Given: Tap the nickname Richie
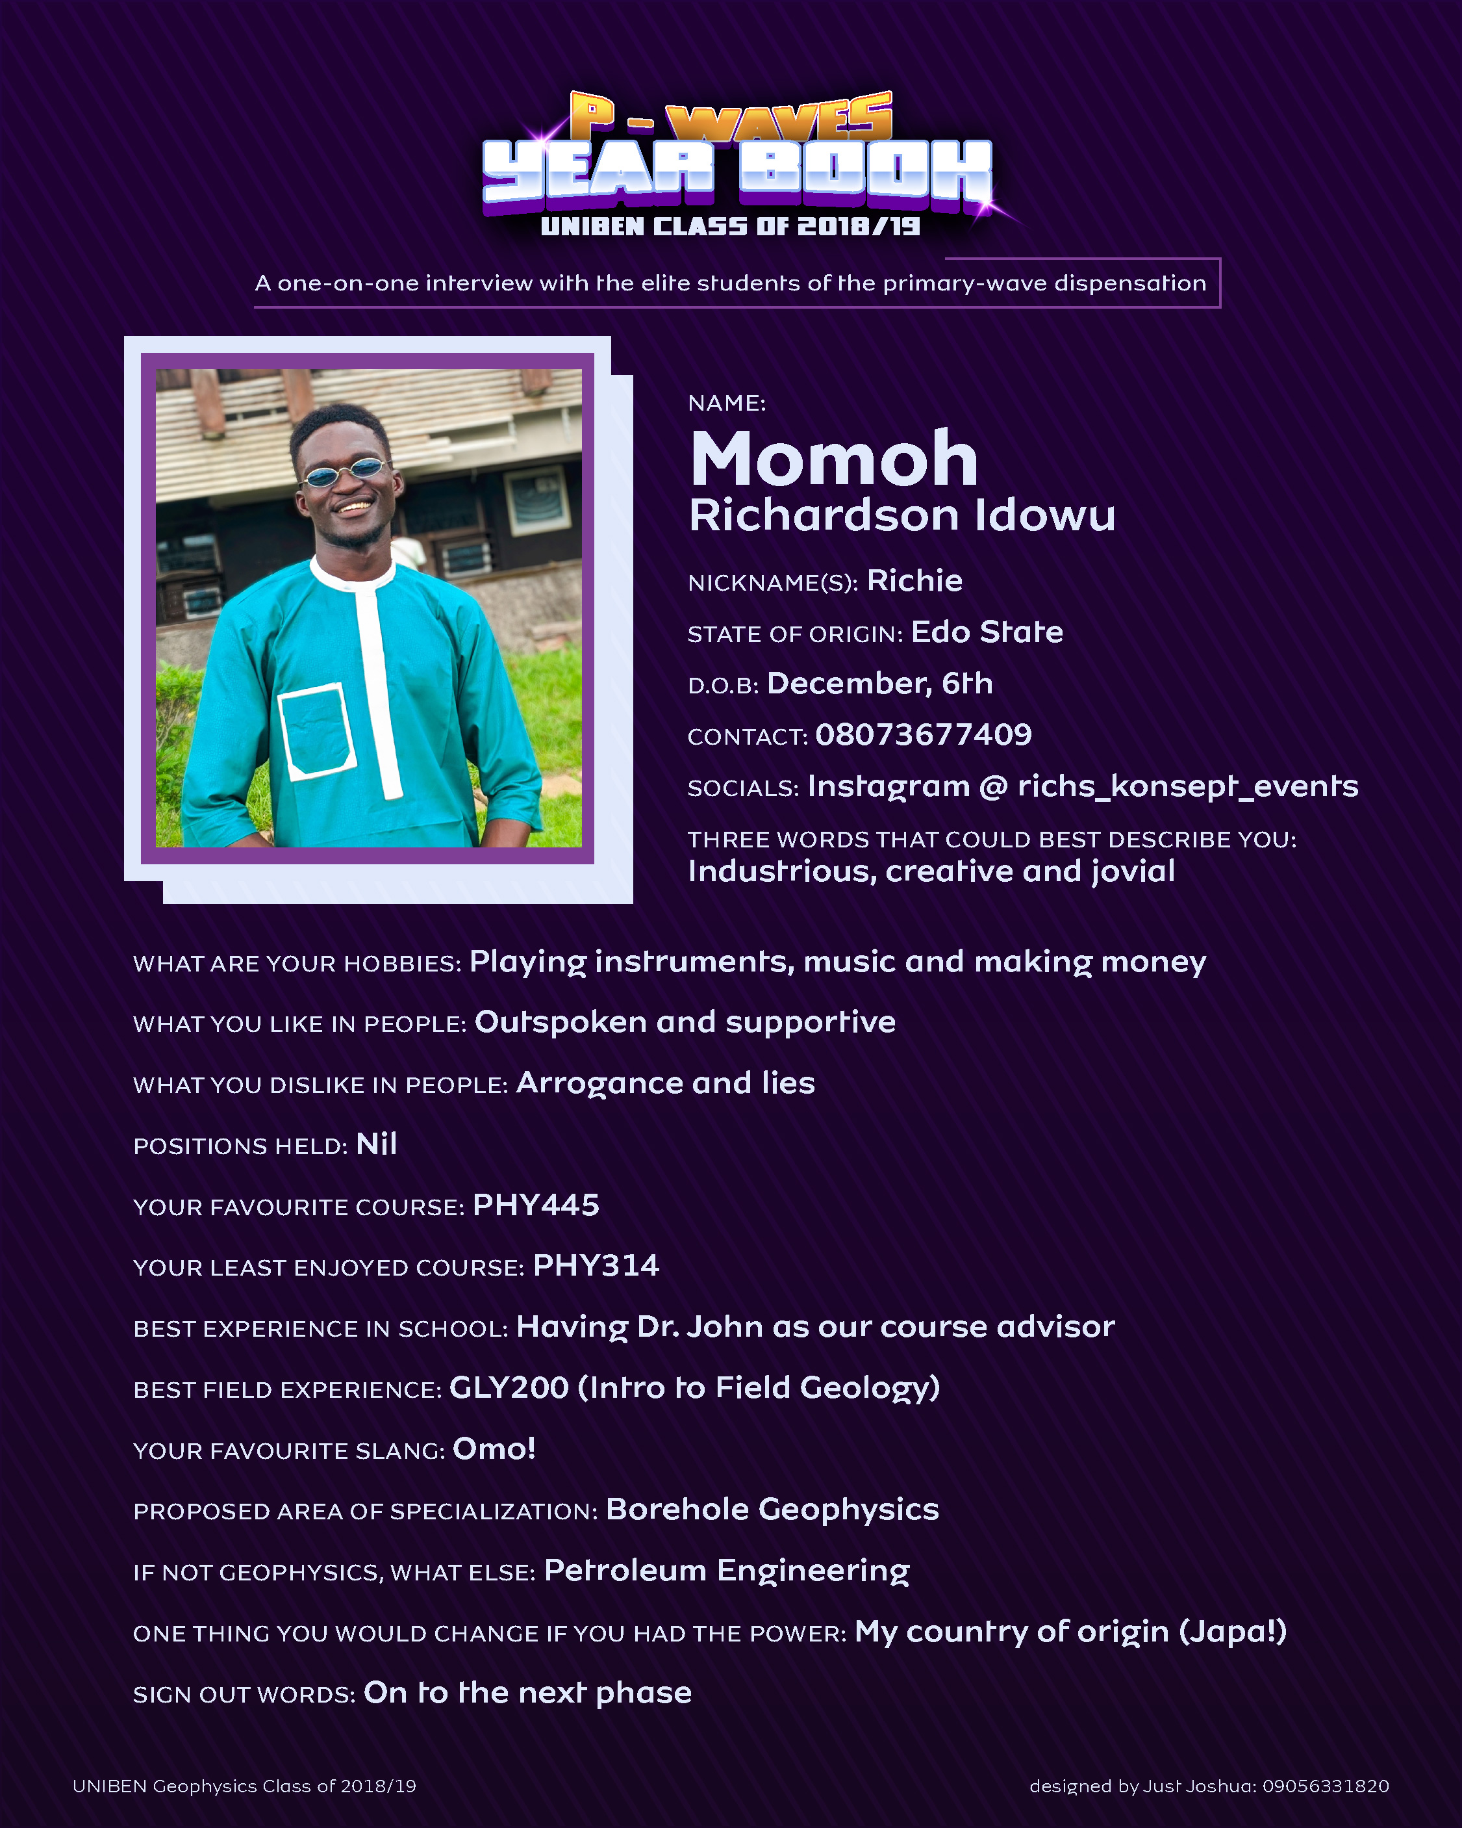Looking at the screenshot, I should click(x=914, y=581).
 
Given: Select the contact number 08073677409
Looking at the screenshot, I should click(x=923, y=734).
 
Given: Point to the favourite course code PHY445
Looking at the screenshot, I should click(x=536, y=1205).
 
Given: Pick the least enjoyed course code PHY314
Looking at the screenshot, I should click(x=596, y=1266).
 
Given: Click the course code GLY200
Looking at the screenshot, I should click(x=509, y=1388).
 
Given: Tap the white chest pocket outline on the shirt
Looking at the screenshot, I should click(x=315, y=731).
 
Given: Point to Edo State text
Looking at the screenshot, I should click(x=987, y=632).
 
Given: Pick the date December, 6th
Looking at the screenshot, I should click(x=879, y=684).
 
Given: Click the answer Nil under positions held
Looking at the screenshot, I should click(x=376, y=1144).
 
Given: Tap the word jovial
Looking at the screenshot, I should click(x=1132, y=871).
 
